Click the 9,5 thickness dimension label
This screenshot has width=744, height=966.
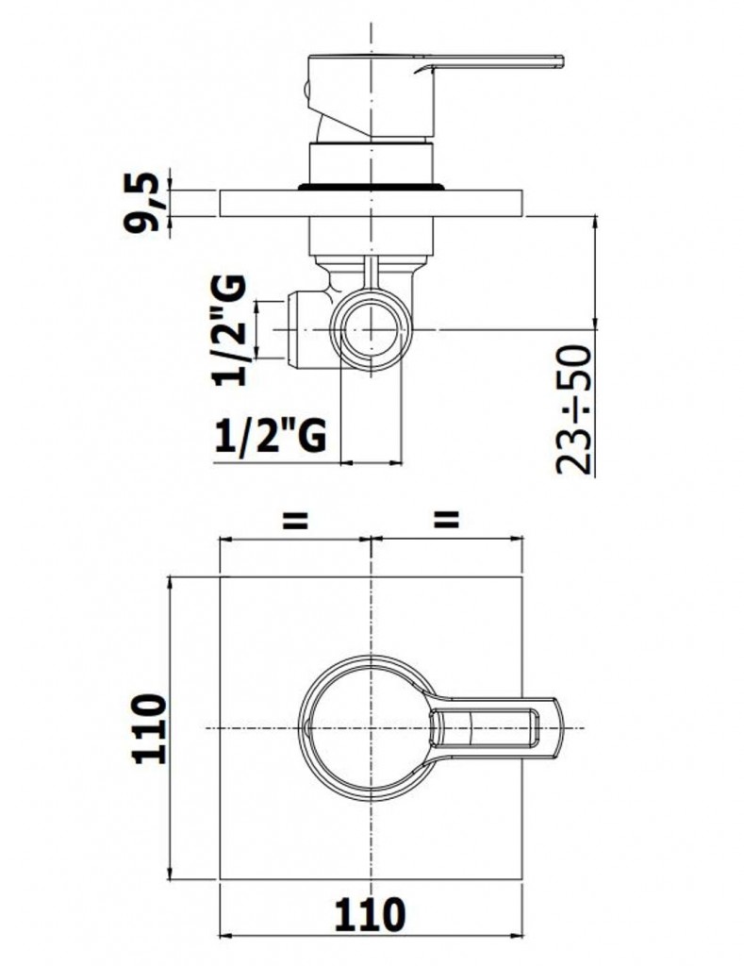pyautogui.click(x=142, y=203)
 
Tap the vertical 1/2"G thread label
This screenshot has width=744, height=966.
pyautogui.click(x=229, y=330)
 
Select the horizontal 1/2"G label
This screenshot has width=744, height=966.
pyautogui.click(x=271, y=436)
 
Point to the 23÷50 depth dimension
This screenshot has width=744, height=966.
pyautogui.click(x=573, y=410)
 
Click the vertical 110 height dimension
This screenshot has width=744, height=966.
pyautogui.click(x=150, y=729)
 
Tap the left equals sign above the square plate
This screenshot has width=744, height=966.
pyautogui.click(x=294, y=521)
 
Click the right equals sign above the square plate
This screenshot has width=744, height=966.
pyautogui.click(x=447, y=521)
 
